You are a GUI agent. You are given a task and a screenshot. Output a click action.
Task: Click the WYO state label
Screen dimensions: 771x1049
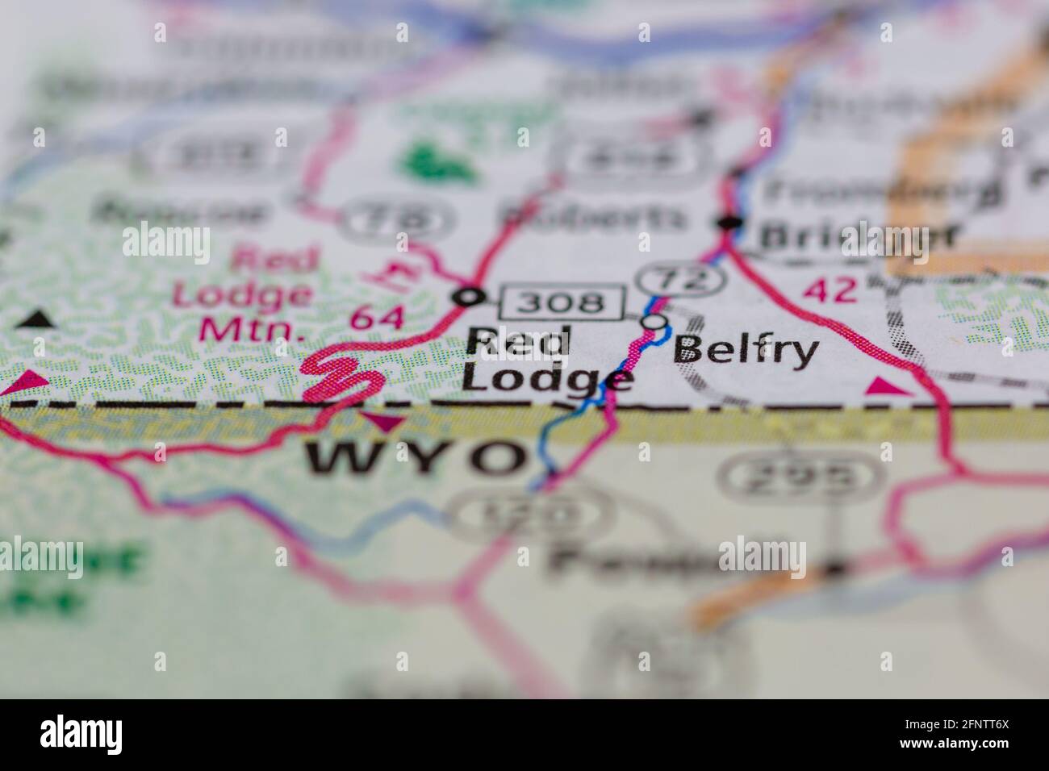pyautogui.click(x=415, y=459)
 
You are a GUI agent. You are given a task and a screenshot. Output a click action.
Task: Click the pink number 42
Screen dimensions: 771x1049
pyautogui.click(x=832, y=290)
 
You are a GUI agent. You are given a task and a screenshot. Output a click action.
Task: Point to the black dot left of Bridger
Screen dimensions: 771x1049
pyautogui.click(x=731, y=223)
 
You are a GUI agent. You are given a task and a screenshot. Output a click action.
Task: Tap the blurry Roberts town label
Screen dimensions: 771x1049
pyautogui.click(x=592, y=216)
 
